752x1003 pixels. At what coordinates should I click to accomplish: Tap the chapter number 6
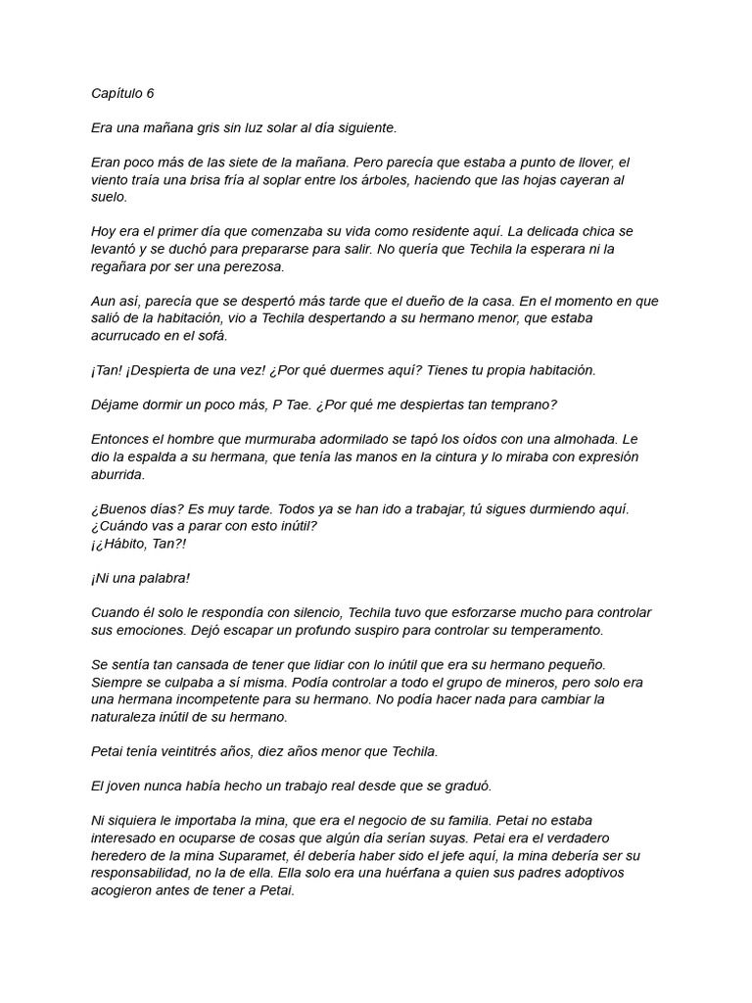pos(150,94)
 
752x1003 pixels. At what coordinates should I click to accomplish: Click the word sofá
pos(210,336)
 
